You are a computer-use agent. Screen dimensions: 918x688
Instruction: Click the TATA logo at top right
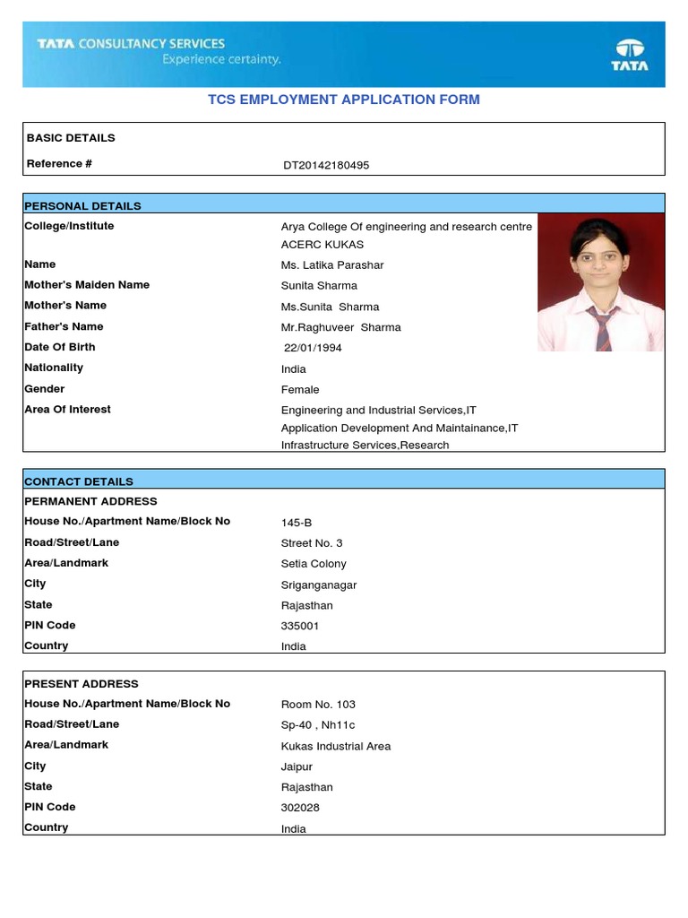pyautogui.click(x=629, y=54)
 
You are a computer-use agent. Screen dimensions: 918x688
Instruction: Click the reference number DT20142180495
pyautogui.click(x=326, y=165)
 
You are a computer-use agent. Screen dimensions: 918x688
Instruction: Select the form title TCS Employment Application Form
pyautogui.click(x=344, y=100)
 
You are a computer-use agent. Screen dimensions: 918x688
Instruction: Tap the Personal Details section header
pyautogui.click(x=82, y=205)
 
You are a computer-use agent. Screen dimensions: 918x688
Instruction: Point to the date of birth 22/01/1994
pyautogui.click(x=313, y=348)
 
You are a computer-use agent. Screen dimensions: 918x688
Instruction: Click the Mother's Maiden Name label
pyautogui.click(x=87, y=285)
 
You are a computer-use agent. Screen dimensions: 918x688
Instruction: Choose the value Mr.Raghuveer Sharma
pyautogui.click(x=341, y=327)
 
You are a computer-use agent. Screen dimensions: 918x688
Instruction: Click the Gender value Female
pyautogui.click(x=300, y=390)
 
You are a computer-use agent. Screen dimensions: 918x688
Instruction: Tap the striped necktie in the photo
pyautogui.click(x=602, y=326)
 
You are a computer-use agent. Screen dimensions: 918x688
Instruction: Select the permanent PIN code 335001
pyautogui.click(x=300, y=626)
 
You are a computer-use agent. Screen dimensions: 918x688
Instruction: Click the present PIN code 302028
pyautogui.click(x=300, y=808)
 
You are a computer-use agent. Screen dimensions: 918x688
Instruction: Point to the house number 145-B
pyautogui.click(x=297, y=523)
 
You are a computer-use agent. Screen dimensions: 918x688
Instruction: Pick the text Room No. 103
pyautogui.click(x=318, y=705)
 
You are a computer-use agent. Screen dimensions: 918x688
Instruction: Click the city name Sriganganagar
pyautogui.click(x=319, y=585)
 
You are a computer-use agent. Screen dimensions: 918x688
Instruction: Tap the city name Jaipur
pyautogui.click(x=297, y=766)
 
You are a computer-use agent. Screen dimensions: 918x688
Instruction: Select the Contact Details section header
pyautogui.click(x=79, y=481)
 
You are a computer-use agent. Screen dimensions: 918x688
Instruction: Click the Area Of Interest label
pyautogui.click(x=68, y=410)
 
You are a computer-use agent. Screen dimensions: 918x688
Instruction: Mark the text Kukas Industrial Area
pyautogui.click(x=336, y=746)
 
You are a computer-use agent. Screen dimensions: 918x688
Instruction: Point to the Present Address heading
pyautogui.click(x=82, y=684)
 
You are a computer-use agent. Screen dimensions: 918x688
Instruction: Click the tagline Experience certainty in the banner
pyautogui.click(x=221, y=60)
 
